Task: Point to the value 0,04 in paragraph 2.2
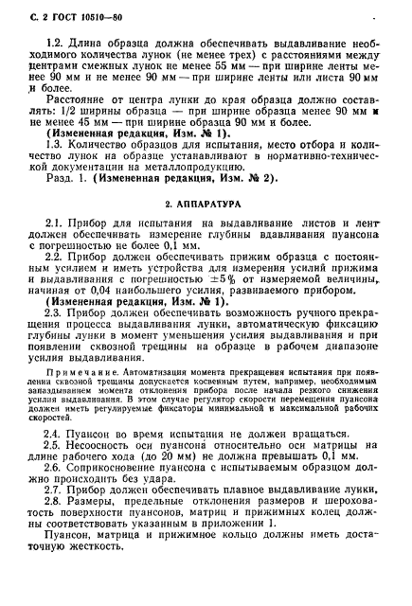(x=90, y=309)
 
